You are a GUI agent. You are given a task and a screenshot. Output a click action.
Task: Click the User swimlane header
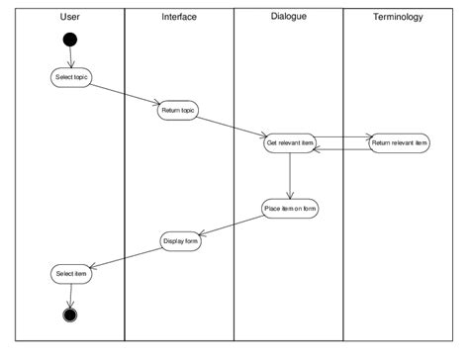click(x=69, y=18)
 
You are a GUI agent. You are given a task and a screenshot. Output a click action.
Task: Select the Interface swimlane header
click(x=179, y=18)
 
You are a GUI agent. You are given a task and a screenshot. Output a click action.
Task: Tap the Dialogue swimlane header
click(x=287, y=17)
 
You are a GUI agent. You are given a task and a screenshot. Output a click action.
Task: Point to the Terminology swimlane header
click(x=399, y=18)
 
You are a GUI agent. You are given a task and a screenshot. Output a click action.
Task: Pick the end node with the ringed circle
click(x=70, y=315)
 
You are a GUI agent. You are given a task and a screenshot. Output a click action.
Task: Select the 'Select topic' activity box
click(x=70, y=77)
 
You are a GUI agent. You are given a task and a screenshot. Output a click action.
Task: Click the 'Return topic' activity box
click(x=179, y=110)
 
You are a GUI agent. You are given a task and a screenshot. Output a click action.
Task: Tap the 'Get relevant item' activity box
click(x=289, y=142)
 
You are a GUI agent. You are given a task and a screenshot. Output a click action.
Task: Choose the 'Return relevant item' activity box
click(x=399, y=142)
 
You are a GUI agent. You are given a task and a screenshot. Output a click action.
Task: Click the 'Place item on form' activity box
click(x=289, y=209)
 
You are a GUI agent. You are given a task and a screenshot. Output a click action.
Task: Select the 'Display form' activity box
click(x=179, y=241)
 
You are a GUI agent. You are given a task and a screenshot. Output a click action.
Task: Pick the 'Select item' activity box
click(x=70, y=274)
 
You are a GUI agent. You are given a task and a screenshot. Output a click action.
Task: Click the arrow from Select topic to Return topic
click(x=125, y=93)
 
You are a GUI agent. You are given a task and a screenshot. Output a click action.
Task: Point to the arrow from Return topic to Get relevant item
click(x=234, y=126)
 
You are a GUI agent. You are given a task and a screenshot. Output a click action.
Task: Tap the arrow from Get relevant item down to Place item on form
click(x=289, y=176)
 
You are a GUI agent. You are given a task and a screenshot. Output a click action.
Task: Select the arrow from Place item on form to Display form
click(x=234, y=225)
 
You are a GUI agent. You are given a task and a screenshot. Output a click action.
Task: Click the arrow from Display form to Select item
click(x=125, y=258)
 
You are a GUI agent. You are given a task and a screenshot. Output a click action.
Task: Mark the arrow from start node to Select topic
click(x=70, y=57)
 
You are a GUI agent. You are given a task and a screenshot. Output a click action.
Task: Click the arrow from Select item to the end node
click(x=70, y=295)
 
